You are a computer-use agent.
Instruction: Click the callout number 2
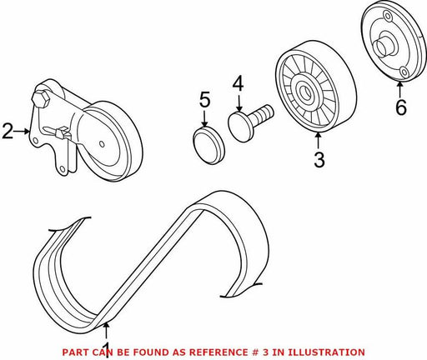(x=8, y=132)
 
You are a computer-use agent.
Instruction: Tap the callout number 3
(x=319, y=159)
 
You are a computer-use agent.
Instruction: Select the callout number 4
(x=239, y=84)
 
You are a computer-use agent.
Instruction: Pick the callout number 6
(x=401, y=107)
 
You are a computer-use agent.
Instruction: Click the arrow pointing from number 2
(x=22, y=132)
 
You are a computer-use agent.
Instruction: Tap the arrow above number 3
(x=319, y=141)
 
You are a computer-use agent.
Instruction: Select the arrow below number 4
(x=239, y=102)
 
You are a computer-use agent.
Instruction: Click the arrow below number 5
(x=205, y=118)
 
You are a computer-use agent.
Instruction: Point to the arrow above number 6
(x=399, y=88)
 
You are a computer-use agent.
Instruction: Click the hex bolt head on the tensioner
(x=41, y=99)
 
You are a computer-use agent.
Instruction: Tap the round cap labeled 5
(x=208, y=146)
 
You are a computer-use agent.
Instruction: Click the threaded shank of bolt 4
(x=262, y=114)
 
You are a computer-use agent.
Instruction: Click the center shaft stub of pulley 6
(x=384, y=47)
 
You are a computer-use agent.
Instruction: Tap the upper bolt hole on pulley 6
(x=386, y=17)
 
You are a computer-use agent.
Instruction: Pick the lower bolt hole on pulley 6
(x=404, y=72)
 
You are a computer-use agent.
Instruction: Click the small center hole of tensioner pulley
(x=102, y=144)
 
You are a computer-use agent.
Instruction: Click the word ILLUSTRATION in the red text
(x=326, y=352)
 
